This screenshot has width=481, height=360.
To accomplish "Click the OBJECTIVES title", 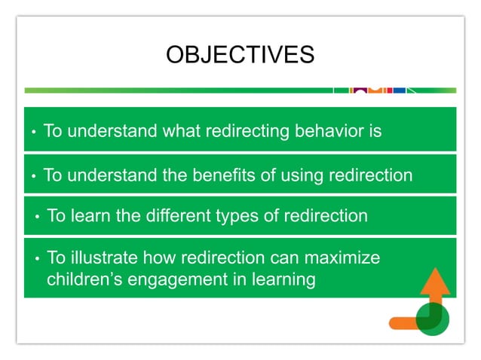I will click(240, 55).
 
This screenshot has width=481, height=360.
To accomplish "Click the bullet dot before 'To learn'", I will click(38, 218).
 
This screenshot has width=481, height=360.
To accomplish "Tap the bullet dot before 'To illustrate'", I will click(38, 259).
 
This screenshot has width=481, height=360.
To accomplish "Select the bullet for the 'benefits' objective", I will click(34, 177).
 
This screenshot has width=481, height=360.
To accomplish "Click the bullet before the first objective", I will click(34, 133).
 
